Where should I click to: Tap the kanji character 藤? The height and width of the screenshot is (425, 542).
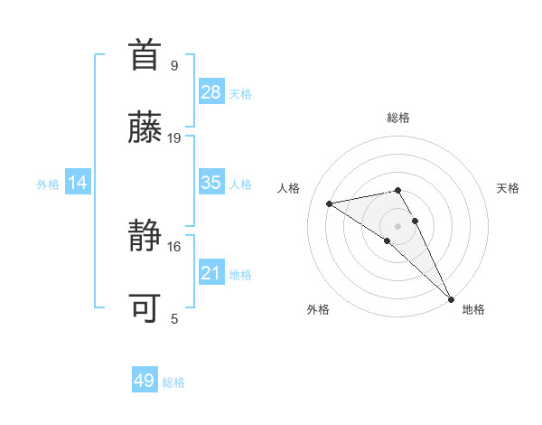pyautogui.click(x=147, y=128)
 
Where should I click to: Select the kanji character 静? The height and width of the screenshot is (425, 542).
pyautogui.click(x=147, y=236)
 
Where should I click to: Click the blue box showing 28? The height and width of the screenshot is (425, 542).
pyautogui.click(x=211, y=91)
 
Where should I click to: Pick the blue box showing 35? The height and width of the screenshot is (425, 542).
pyautogui.click(x=211, y=183)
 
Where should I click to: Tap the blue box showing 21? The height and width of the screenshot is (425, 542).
pyautogui.click(x=211, y=273)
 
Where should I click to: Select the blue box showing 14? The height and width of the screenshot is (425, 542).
pyautogui.click(x=78, y=183)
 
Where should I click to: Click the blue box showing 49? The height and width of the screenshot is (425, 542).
pyautogui.click(x=145, y=381)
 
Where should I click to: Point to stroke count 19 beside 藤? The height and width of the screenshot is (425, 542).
pyautogui.click(x=174, y=138)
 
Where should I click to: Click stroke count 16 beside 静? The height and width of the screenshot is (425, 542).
pyautogui.click(x=174, y=246)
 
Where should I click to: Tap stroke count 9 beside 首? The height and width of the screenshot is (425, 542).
pyautogui.click(x=174, y=65)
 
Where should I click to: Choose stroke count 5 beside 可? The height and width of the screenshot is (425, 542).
pyautogui.click(x=174, y=318)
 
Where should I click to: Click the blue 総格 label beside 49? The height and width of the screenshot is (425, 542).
pyautogui.click(x=173, y=382)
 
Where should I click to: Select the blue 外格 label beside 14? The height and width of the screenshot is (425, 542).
pyautogui.click(x=48, y=184)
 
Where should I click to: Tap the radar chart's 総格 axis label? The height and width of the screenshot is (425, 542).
pyautogui.click(x=398, y=118)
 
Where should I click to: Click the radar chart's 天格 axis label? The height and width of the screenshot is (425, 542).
pyautogui.click(x=509, y=188)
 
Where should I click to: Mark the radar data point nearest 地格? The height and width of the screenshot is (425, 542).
pyautogui.click(x=452, y=298)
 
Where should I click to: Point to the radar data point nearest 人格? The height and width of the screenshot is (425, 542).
pyautogui.click(x=330, y=203)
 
